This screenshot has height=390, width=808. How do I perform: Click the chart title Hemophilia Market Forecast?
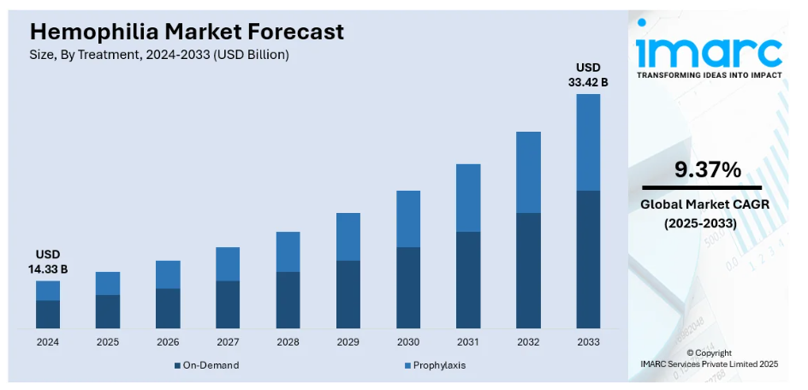(x=187, y=32)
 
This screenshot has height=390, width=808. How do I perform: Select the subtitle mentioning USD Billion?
(x=159, y=55)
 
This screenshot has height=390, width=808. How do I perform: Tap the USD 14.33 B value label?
(x=48, y=263)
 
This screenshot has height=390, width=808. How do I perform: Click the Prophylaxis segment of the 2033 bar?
(x=588, y=142)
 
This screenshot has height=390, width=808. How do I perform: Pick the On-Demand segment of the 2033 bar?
(x=588, y=259)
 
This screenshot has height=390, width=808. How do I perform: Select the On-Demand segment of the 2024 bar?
(x=48, y=314)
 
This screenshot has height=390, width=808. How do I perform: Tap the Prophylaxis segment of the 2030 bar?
(x=407, y=219)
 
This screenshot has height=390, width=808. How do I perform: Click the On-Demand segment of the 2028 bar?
(x=288, y=300)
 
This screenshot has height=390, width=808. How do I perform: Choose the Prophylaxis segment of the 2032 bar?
(x=528, y=172)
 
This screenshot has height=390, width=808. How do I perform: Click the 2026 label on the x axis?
(x=168, y=342)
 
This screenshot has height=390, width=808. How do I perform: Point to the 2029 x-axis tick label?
(x=348, y=342)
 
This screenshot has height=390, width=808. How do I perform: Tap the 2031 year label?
(x=467, y=342)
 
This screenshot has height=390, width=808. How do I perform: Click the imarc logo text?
(x=709, y=51)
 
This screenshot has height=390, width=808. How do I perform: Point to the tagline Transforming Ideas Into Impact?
(x=709, y=75)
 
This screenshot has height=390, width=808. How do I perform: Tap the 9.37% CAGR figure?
(x=707, y=169)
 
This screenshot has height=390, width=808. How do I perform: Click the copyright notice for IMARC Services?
(x=709, y=358)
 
